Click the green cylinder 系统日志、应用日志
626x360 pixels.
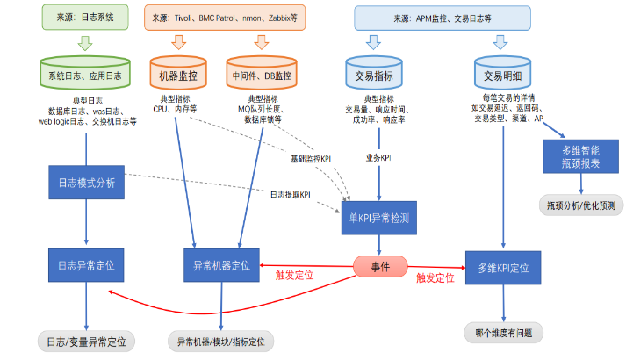(86, 75)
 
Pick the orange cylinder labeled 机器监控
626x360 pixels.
(179, 76)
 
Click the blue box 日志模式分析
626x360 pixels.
(86, 183)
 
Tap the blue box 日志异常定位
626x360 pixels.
(86, 264)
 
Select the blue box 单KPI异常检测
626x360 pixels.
(378, 218)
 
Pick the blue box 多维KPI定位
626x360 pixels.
(504, 264)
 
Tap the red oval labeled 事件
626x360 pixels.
(379, 266)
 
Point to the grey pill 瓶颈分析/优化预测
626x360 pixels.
(580, 205)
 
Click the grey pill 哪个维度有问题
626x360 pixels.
(504, 333)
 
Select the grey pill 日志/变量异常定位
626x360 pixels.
(86, 341)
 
